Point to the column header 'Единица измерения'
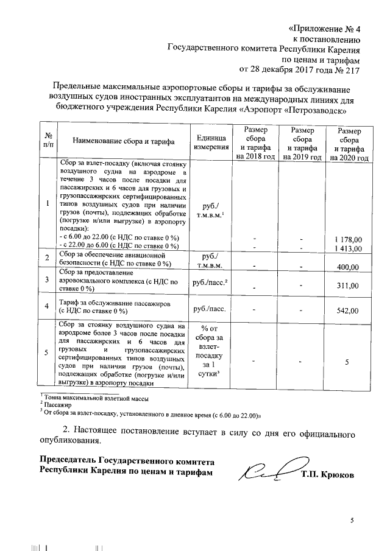(x=211, y=143)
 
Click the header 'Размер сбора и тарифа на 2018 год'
(x=254, y=144)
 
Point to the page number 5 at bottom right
(x=352, y=519)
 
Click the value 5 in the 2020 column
(x=347, y=362)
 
